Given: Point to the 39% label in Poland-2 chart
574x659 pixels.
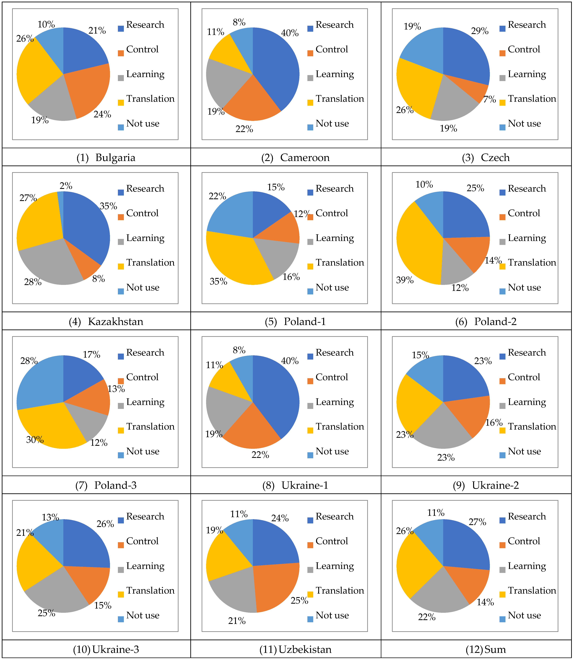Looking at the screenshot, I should (x=405, y=280).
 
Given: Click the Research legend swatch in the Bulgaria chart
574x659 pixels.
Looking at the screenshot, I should (x=121, y=29).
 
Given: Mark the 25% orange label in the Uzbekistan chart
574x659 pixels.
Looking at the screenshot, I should (x=300, y=600).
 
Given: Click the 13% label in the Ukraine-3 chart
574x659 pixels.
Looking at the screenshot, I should (x=50, y=517).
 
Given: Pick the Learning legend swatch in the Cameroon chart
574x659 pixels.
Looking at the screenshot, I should (x=310, y=78).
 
